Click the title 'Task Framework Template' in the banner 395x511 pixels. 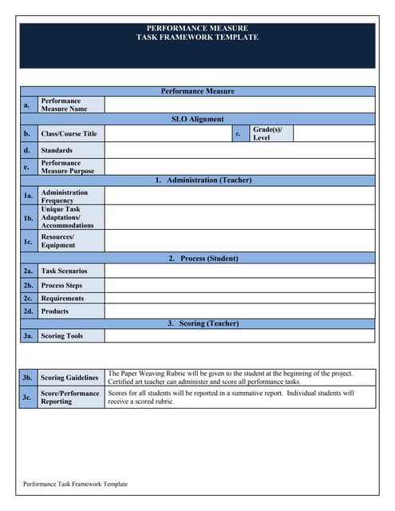[x=197, y=38]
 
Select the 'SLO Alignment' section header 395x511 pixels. [x=197, y=119]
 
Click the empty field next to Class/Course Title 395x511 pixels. [x=168, y=133]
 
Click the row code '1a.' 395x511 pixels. [x=28, y=196]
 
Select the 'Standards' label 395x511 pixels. [x=57, y=150]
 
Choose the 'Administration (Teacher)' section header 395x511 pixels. [x=203, y=180]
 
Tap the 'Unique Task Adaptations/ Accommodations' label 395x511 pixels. [x=67, y=218]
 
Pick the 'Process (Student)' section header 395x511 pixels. [x=203, y=259]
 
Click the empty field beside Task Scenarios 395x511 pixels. [x=239, y=271]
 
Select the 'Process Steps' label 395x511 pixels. [x=61, y=285]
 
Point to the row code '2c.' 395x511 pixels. [x=28, y=299]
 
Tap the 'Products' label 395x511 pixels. [x=55, y=311]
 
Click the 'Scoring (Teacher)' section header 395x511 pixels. [x=203, y=323]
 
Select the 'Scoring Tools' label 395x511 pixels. [x=62, y=336]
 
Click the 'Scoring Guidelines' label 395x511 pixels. [x=69, y=378]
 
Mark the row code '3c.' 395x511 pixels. [x=28, y=397]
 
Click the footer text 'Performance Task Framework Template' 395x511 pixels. [x=75, y=484]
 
